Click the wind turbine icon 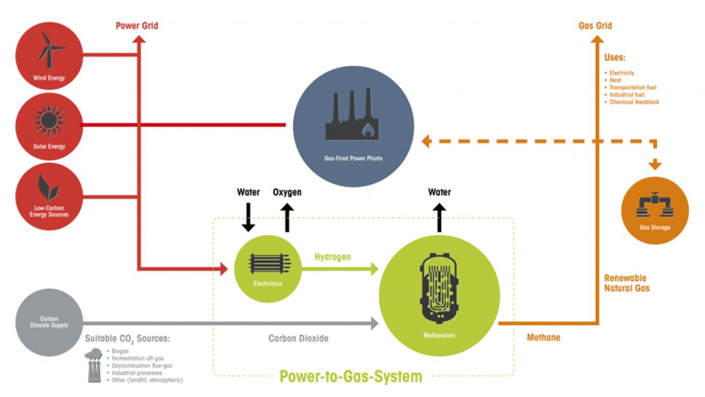click(50, 50)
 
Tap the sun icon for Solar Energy click(49, 121)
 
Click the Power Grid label click(137, 26)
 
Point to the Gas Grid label click(595, 26)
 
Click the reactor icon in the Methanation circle click(439, 290)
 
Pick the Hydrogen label click(333, 257)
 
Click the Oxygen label click(287, 192)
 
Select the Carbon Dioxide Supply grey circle click(49, 322)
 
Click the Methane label click(544, 338)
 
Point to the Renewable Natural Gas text click(627, 283)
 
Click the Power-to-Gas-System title click(351, 377)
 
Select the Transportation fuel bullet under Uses click(632, 87)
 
